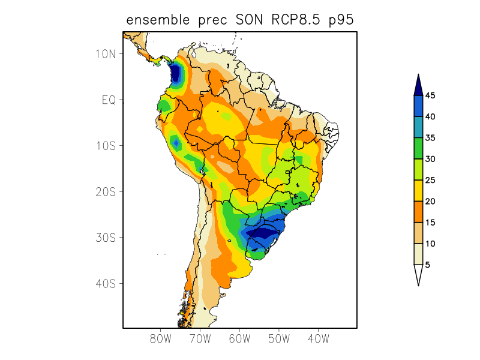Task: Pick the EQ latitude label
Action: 109,100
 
